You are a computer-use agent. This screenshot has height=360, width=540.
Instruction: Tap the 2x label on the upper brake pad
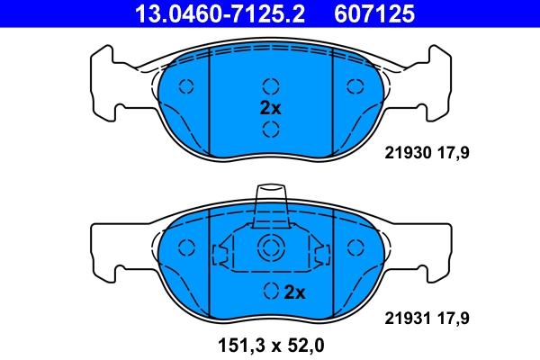click(x=271, y=107)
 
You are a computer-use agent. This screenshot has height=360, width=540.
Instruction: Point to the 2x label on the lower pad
click(x=295, y=292)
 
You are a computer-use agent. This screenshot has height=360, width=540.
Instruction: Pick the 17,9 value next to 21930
click(x=454, y=153)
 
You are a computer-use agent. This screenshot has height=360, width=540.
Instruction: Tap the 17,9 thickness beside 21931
click(x=454, y=318)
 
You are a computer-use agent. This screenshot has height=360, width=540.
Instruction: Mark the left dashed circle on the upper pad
click(x=187, y=86)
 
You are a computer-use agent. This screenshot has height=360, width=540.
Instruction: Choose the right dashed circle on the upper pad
click(x=353, y=86)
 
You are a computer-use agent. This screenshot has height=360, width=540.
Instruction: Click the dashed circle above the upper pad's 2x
click(x=270, y=86)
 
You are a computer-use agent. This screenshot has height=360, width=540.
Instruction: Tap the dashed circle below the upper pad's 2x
click(x=270, y=129)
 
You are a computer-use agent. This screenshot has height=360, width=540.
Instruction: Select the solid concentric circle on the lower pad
click(x=270, y=249)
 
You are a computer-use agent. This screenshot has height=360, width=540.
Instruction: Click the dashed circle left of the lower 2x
click(x=270, y=292)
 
